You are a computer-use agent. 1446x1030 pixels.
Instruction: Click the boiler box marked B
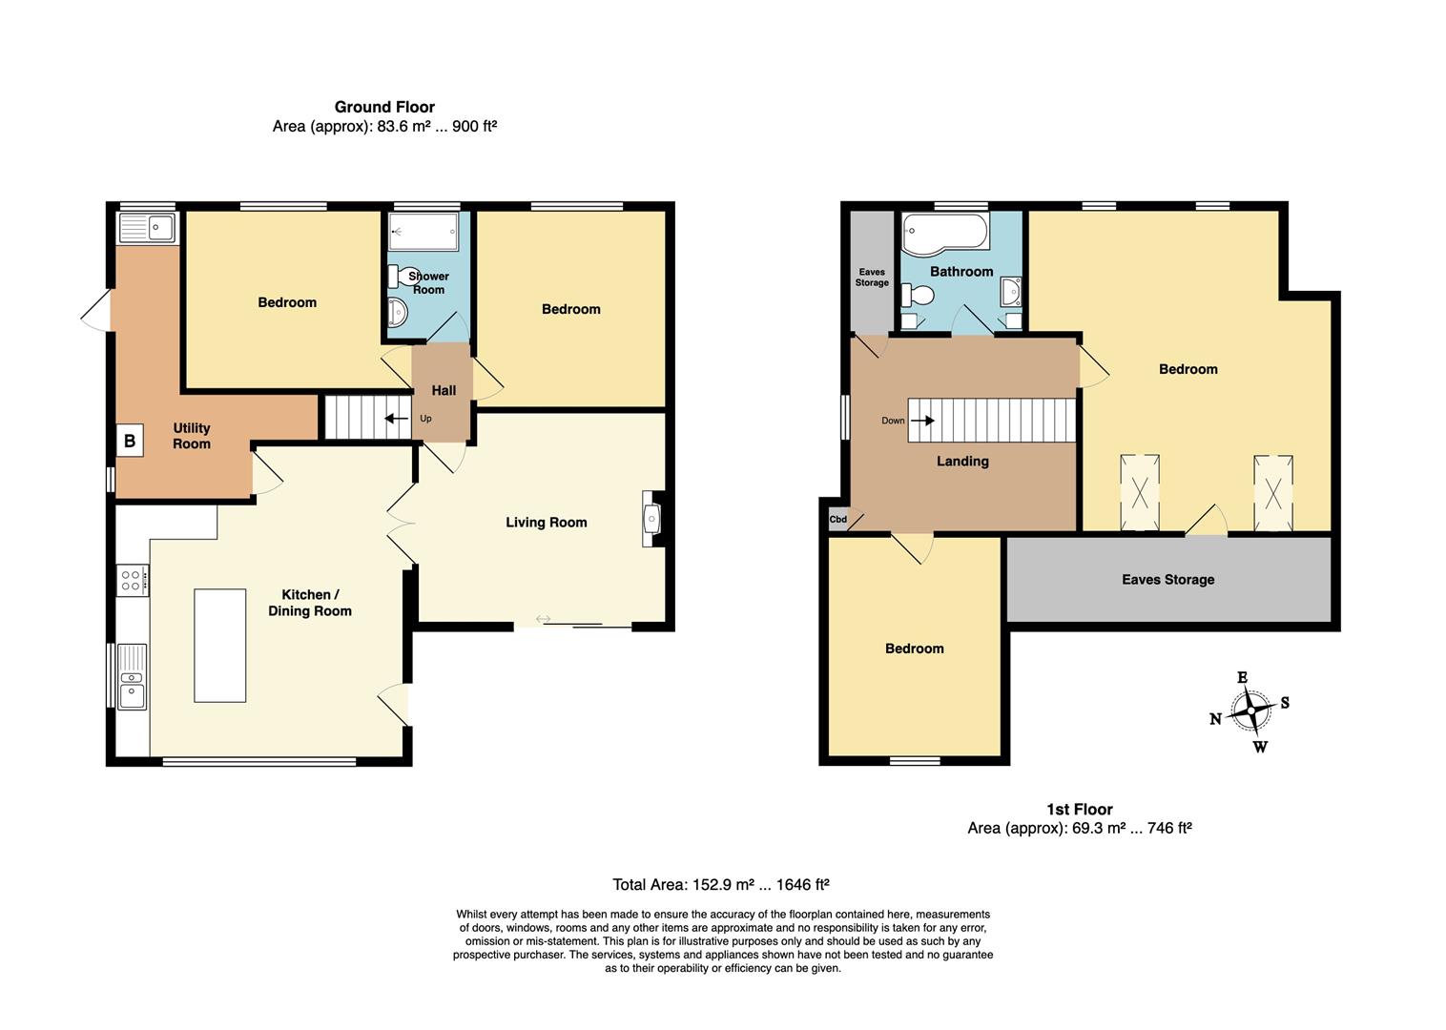[130, 441]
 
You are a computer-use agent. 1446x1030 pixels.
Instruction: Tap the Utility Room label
[192, 436]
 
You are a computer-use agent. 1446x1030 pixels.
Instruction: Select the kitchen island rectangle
[220, 646]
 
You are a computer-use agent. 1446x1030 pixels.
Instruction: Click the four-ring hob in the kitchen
[133, 580]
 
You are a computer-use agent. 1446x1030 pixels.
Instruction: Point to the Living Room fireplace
[651, 520]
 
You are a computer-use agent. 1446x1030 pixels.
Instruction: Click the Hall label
[444, 390]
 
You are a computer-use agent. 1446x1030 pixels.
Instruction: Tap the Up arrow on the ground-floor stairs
[397, 419]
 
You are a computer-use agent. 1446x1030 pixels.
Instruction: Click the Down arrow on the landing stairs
[922, 421]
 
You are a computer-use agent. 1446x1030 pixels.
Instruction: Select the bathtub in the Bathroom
[945, 234]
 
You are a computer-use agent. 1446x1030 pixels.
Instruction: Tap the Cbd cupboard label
[837, 519]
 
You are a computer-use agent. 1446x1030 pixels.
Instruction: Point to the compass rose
[1250, 711]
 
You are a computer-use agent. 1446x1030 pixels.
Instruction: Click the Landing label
[962, 461]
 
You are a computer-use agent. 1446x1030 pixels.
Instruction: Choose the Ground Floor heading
[384, 107]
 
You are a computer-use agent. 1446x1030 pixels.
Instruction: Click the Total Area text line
[720, 884]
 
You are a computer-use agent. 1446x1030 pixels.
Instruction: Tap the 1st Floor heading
[1080, 810]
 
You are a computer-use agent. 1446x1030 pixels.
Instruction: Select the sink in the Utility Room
[147, 227]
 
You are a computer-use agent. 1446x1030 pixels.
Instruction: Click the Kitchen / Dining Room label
[310, 603]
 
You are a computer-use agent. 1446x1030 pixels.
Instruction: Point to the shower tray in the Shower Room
[423, 231]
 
